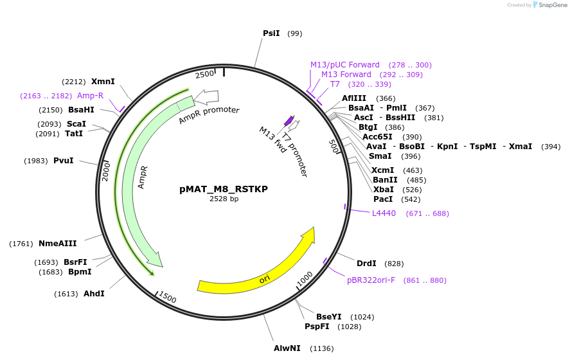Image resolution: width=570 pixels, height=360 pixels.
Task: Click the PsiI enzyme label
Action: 271,33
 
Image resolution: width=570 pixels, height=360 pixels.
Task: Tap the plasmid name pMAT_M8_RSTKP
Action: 224,189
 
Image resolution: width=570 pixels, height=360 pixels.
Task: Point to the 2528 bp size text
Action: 224,199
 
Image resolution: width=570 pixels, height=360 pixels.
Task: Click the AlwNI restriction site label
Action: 287,348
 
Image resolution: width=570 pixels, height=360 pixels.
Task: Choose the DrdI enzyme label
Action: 366,264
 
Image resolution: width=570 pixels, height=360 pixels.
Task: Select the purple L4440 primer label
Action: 384,213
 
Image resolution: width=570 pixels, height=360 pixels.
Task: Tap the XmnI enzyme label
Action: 103,82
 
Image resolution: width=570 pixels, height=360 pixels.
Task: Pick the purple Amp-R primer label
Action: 90,96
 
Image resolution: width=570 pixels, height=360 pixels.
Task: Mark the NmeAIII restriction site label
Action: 57,244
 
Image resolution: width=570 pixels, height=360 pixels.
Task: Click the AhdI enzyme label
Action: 94,294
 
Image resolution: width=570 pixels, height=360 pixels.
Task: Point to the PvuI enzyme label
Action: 64,161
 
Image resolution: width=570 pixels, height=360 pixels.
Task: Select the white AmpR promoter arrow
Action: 207,96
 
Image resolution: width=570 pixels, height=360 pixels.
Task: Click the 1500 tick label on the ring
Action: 167,298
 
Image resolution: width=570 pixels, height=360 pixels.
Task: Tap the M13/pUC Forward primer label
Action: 344,65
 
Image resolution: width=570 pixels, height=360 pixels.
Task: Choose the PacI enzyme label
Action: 383,199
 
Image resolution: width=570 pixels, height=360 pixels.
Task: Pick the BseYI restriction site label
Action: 329,317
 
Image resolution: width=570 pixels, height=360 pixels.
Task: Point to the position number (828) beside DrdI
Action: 394,264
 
